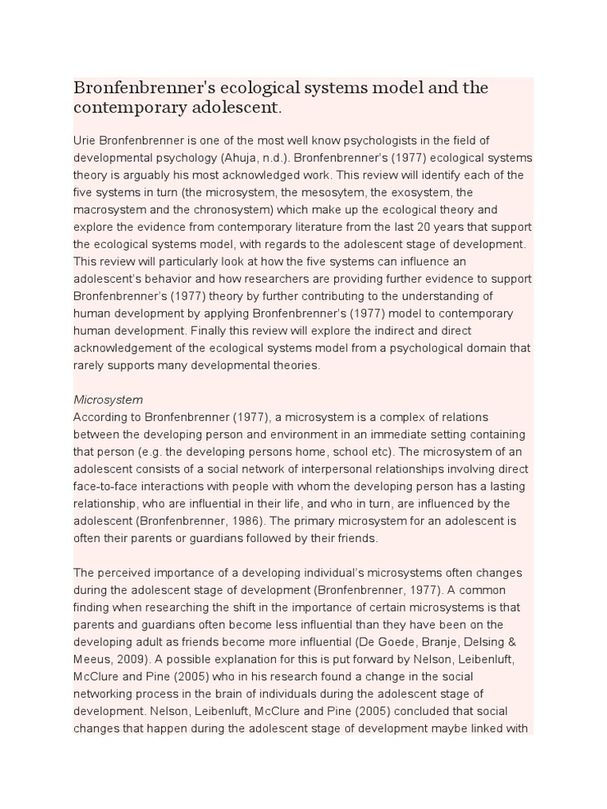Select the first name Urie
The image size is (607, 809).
pos(85,141)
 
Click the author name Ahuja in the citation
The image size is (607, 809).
pos(286,158)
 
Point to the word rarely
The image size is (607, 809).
pos(90,365)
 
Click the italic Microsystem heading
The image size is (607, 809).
pos(108,400)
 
